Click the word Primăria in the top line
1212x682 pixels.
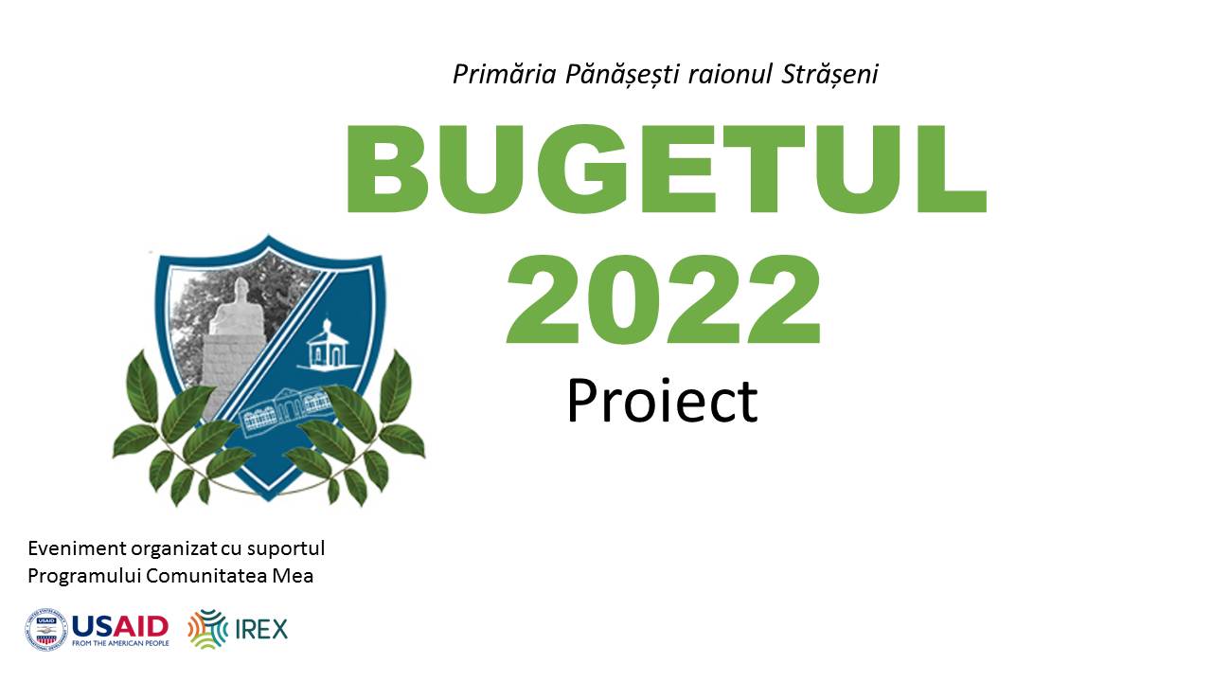point(505,74)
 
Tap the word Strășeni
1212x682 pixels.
point(829,75)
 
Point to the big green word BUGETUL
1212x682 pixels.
point(666,169)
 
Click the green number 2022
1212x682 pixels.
point(664,298)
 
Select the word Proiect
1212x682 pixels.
point(662,401)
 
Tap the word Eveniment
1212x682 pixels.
point(77,547)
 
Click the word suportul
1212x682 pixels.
point(286,548)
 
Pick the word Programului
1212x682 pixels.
point(84,576)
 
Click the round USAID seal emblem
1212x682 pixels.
point(46,629)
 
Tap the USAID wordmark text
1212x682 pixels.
point(120,627)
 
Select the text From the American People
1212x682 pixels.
point(120,643)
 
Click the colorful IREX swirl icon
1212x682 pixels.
point(207,629)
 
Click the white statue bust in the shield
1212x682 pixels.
point(237,308)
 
